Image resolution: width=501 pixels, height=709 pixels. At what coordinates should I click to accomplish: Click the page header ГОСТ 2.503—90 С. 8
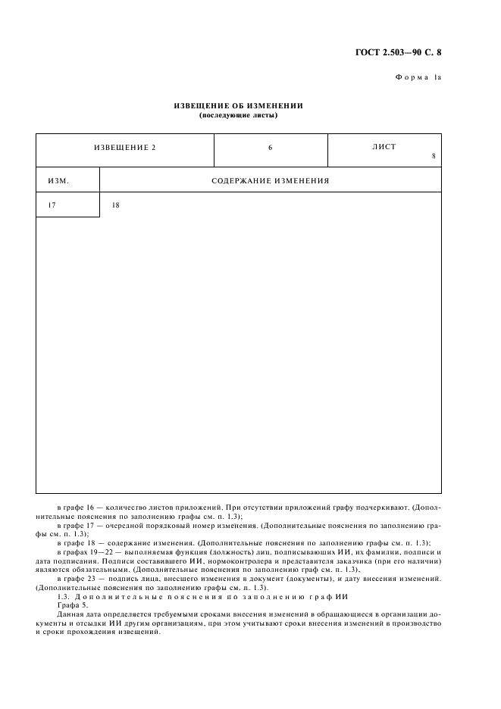coord(398,52)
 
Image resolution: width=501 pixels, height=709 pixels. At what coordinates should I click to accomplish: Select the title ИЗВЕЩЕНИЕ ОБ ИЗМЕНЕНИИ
coord(238,106)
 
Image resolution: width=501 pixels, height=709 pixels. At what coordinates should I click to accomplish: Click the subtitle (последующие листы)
coord(238,115)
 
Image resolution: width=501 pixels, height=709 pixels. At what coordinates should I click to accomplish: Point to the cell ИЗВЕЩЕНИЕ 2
coord(124,147)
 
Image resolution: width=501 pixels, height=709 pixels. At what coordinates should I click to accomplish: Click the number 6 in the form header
coord(270,147)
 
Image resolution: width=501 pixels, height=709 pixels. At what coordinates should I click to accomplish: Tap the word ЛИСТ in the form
coord(384,147)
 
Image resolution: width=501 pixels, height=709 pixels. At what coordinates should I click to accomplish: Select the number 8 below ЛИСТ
coord(433,157)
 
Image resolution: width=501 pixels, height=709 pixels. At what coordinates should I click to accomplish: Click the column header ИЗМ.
coord(58,181)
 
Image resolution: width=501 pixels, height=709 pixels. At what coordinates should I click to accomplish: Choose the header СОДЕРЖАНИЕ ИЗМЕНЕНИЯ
coord(270,181)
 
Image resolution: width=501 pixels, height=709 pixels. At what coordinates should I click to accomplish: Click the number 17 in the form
coord(52,205)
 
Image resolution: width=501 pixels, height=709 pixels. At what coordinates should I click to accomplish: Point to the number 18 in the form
coord(115,205)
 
